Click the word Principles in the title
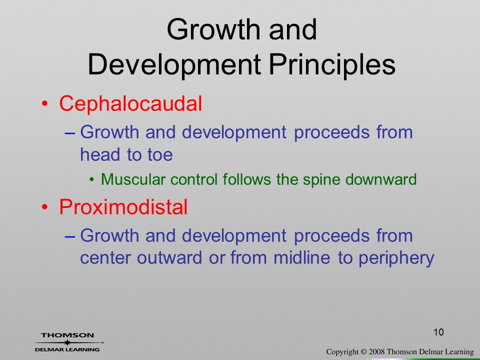332,65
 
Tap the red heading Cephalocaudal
130,103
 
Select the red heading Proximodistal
123,206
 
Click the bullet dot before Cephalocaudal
44,104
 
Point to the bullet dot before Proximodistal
44,207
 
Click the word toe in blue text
160,154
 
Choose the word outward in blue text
169,258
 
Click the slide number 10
438,332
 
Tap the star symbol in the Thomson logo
67,342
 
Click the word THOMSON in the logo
67,335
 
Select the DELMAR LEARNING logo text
67,349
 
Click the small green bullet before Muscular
92,179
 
